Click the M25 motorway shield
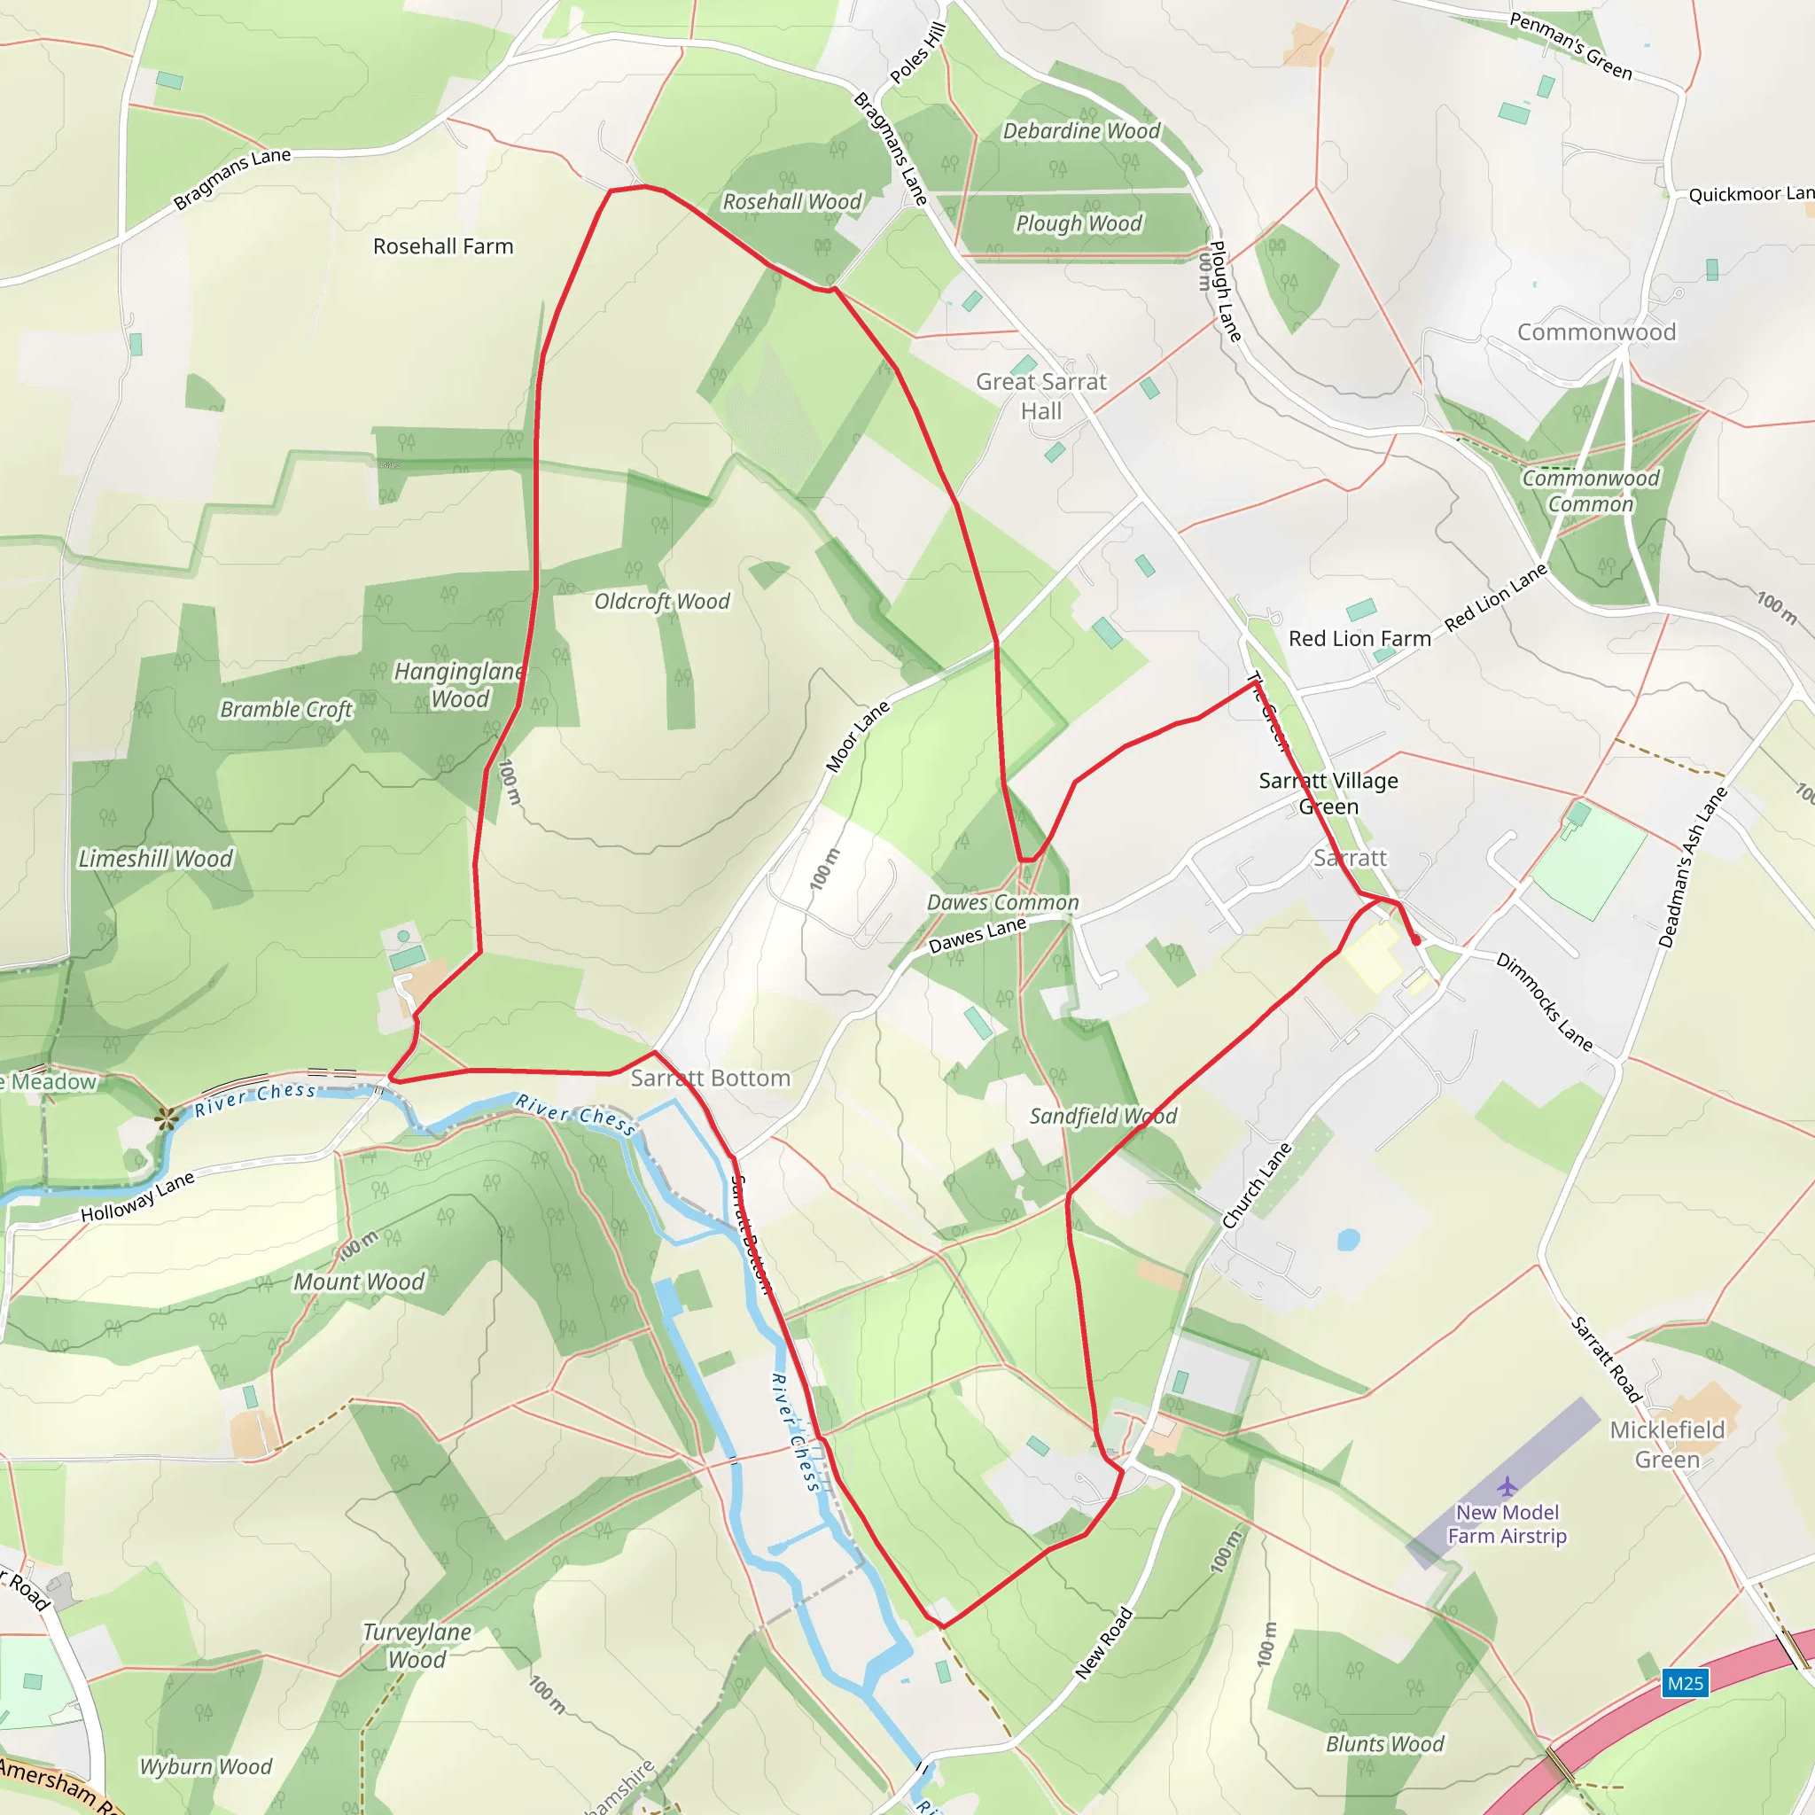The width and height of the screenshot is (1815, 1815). pyautogui.click(x=1685, y=1683)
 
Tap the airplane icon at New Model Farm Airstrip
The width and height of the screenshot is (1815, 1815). pyautogui.click(x=1507, y=1485)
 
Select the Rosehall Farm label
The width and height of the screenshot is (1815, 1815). pyautogui.click(x=442, y=246)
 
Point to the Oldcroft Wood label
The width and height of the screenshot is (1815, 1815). pyautogui.click(x=661, y=601)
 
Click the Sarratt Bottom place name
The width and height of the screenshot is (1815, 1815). pyautogui.click(x=709, y=1078)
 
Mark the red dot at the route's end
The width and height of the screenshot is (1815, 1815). pyautogui.click(x=1415, y=939)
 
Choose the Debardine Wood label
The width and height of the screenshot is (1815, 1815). pyautogui.click(x=1080, y=130)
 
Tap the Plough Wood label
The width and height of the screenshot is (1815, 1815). pyautogui.click(x=1079, y=222)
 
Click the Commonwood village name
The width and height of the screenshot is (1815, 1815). pyautogui.click(x=1596, y=331)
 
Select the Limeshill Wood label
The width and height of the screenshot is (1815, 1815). pyautogui.click(x=155, y=858)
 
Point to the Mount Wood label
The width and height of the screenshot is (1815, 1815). pyautogui.click(x=359, y=1281)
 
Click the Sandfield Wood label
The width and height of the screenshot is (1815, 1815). pyautogui.click(x=1102, y=1116)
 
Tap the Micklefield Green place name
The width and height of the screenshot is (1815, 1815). pyautogui.click(x=1667, y=1444)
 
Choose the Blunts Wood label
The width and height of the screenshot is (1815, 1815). pyautogui.click(x=1385, y=1743)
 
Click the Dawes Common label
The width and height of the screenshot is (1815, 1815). pyautogui.click(x=1002, y=902)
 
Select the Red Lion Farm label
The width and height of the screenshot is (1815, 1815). pyautogui.click(x=1359, y=639)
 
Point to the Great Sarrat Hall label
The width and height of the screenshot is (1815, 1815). pyautogui.click(x=1041, y=395)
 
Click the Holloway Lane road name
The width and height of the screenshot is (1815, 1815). pyautogui.click(x=137, y=1196)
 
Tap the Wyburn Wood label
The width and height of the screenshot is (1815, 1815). pyautogui.click(x=206, y=1766)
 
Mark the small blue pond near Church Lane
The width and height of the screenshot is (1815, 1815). pyautogui.click(x=1348, y=1240)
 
